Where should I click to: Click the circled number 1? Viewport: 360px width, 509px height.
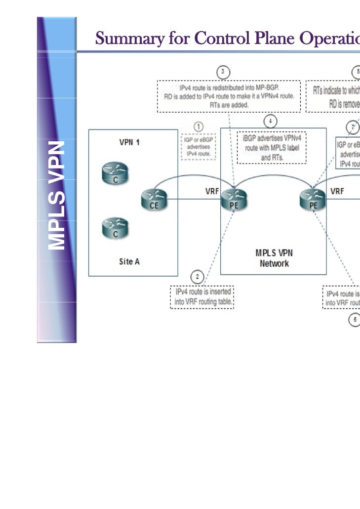[x=198, y=127]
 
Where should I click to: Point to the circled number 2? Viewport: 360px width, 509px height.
[x=198, y=276]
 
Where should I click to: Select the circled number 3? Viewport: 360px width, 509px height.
[x=223, y=72]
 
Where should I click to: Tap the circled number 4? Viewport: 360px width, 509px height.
[x=270, y=121]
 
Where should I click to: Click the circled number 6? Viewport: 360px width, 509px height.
[x=355, y=320]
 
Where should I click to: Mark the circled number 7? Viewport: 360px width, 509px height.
[x=353, y=127]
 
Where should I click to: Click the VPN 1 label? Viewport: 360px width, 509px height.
[x=129, y=142]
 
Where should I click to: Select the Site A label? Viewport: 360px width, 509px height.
[x=129, y=261]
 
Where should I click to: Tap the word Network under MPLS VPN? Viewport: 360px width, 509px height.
[x=274, y=263]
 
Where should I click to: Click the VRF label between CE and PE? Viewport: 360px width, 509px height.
[x=212, y=191]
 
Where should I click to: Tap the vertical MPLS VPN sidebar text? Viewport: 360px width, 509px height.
[x=57, y=195]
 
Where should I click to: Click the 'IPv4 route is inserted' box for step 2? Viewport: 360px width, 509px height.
[x=202, y=297]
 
